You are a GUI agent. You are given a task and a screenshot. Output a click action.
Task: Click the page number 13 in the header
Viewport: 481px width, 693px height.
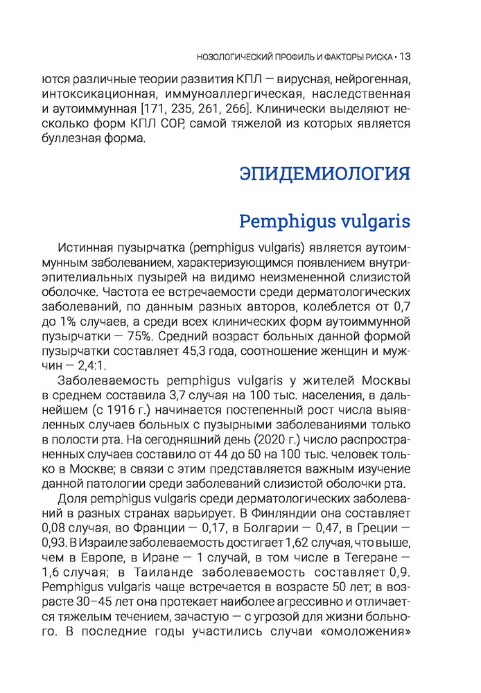click(406, 56)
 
